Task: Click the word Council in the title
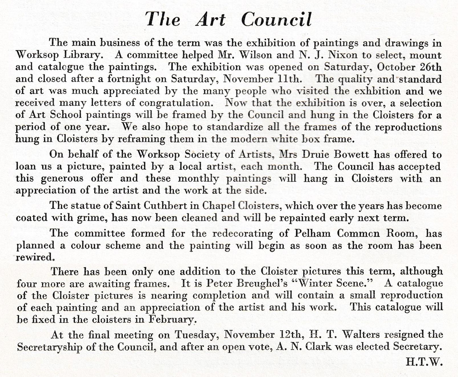click(x=276, y=20)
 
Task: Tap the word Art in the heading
click(x=210, y=20)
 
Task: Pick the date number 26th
click(x=431, y=67)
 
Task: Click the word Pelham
click(x=313, y=233)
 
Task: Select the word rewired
click(x=35, y=257)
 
